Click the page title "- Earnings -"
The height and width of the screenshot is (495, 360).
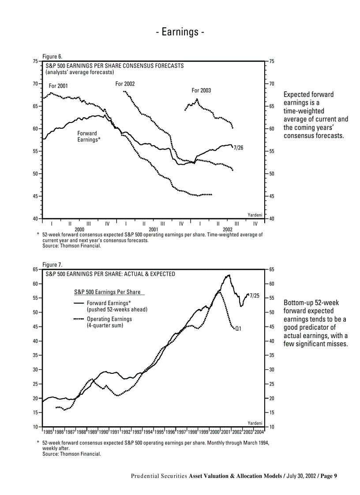180,32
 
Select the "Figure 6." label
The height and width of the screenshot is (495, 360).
52,56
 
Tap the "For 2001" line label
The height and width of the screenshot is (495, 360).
58,86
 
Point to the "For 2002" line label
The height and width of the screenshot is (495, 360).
125,84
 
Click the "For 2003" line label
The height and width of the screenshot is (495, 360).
201,90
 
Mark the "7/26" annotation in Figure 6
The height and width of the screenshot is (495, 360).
238,148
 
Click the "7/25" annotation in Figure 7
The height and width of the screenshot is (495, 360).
255,296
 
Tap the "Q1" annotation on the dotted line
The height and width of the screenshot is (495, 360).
238,328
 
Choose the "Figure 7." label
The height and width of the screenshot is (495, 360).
52,264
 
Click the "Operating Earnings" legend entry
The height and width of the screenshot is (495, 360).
109,319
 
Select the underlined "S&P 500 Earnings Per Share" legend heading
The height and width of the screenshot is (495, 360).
107,292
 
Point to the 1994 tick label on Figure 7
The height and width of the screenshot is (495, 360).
148,432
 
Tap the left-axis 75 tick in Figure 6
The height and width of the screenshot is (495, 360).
36,62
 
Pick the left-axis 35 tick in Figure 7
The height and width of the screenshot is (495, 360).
36,355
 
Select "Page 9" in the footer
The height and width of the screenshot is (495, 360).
328,476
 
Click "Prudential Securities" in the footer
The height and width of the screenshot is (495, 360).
159,476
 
